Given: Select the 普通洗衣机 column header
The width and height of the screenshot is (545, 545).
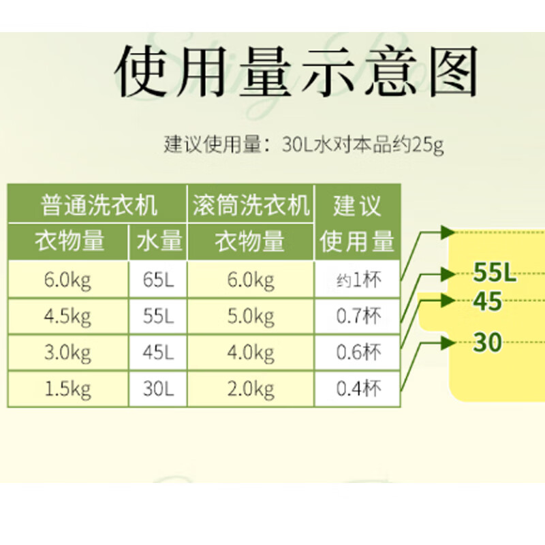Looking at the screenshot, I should pyautogui.click(x=98, y=204).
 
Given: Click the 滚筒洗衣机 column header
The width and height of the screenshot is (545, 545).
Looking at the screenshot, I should pyautogui.click(x=251, y=204).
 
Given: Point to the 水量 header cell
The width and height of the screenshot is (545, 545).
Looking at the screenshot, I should pyautogui.click(x=159, y=241).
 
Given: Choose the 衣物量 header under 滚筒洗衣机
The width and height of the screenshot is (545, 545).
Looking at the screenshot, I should pyautogui.click(x=251, y=241).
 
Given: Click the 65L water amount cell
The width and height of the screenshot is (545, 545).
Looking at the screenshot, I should pyautogui.click(x=159, y=280).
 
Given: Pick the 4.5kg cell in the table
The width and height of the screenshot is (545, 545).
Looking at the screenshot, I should pyautogui.click(x=67, y=317).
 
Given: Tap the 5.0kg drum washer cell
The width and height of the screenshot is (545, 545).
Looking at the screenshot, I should pyautogui.click(x=251, y=317).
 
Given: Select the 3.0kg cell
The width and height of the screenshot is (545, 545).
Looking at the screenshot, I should pyautogui.click(x=67, y=353).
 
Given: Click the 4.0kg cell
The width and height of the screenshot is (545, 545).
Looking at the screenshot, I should pyautogui.click(x=251, y=353).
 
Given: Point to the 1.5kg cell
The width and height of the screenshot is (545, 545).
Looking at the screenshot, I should pyautogui.click(x=67, y=389).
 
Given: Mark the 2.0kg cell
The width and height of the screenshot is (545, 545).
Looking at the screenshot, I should pyautogui.click(x=251, y=389).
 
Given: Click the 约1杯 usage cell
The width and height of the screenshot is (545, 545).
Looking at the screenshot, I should pyautogui.click(x=358, y=280).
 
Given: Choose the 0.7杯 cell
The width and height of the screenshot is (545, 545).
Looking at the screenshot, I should pyautogui.click(x=358, y=317).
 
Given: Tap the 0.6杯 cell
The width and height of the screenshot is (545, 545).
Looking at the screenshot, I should pyautogui.click(x=358, y=353).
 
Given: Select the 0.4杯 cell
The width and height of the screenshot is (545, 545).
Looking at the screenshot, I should pyautogui.click(x=358, y=389).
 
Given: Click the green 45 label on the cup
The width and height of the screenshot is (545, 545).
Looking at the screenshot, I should pyautogui.click(x=488, y=301).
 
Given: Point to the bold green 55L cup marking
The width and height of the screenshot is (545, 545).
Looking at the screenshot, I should pyautogui.click(x=495, y=274).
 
